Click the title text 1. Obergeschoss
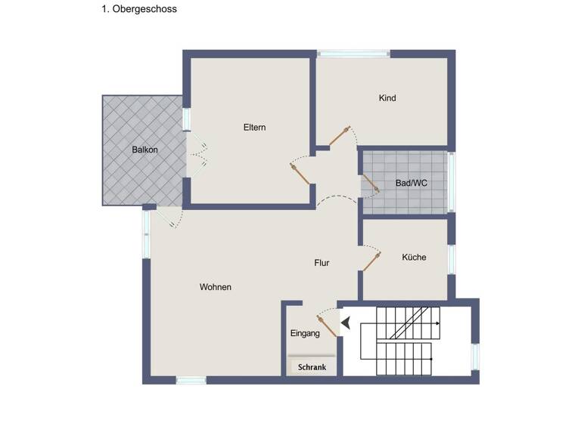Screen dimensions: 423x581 (x=138, y=10)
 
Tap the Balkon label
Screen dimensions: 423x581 (x=144, y=150)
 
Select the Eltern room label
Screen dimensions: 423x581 (x=254, y=127)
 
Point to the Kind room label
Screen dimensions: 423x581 (x=387, y=98)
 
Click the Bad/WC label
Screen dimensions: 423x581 (x=412, y=183)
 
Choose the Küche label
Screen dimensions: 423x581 (x=414, y=258)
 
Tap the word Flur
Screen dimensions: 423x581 (x=322, y=263)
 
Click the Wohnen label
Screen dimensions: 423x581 (x=216, y=287)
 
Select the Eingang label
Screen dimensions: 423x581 (x=305, y=333)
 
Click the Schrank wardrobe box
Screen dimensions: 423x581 (x=312, y=367)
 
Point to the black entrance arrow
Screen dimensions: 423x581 (x=345, y=324)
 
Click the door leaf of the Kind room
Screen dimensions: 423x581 (x=338, y=137)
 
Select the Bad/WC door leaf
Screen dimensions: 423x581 (x=371, y=184)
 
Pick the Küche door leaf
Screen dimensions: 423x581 (x=371, y=261)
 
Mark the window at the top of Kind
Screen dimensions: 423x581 (x=353, y=54)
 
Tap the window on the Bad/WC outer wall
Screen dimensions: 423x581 (x=452, y=181)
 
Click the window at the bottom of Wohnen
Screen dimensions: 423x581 (x=191, y=380)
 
